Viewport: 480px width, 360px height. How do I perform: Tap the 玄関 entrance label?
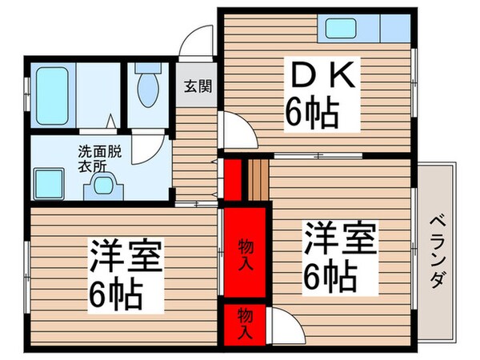point(196,87)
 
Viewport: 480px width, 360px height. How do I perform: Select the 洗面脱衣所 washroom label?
point(100,158)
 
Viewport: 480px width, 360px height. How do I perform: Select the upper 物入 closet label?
point(246,252)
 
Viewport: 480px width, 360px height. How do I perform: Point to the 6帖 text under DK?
point(313,113)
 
